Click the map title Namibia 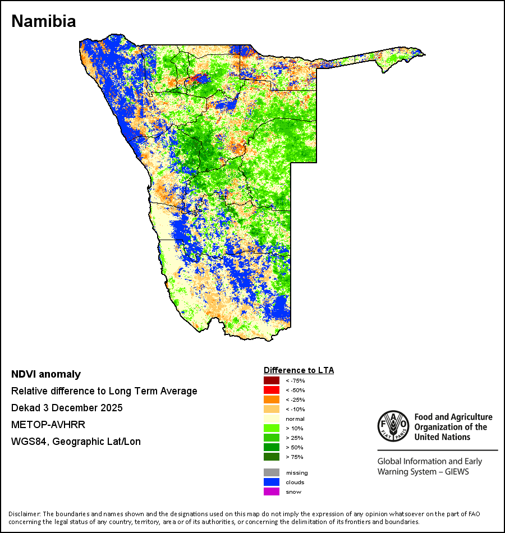coord(44,21)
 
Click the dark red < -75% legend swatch coord(272,380)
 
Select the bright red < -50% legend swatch coord(272,390)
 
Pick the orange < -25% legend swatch coord(272,399)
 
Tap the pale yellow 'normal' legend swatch coord(272,419)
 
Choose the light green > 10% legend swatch coord(272,428)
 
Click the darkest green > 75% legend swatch coord(272,457)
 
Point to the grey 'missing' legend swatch coord(272,472)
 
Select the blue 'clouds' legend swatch coord(272,482)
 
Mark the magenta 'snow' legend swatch coord(272,491)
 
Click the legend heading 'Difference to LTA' coord(299,370)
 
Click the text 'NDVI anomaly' coord(46,374)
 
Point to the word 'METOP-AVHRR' coord(48,425)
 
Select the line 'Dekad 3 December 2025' coord(67,408)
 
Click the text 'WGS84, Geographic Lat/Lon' coord(76,442)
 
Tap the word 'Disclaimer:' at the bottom coord(25,514)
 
